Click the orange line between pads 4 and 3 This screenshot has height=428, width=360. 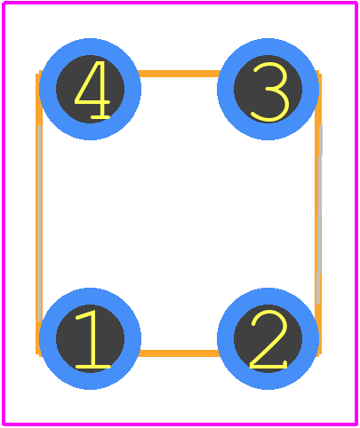pyautogui.click(x=179, y=74)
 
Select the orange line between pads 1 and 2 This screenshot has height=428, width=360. pyautogui.click(x=179, y=353)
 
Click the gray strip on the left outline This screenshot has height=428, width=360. pyautogui.click(x=39, y=224)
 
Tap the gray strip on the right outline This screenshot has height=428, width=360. pyautogui.click(x=320, y=215)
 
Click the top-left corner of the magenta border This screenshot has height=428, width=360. pyautogui.click(x=4, y=3)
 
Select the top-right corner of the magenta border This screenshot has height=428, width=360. pyautogui.click(x=356, y=3)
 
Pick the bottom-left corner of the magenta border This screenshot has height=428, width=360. pyautogui.click(x=4, y=424)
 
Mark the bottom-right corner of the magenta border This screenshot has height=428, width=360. pyautogui.click(x=356, y=424)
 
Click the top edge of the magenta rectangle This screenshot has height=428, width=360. pyautogui.click(x=180, y=3)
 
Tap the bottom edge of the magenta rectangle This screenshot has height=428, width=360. pyautogui.click(x=180, y=424)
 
